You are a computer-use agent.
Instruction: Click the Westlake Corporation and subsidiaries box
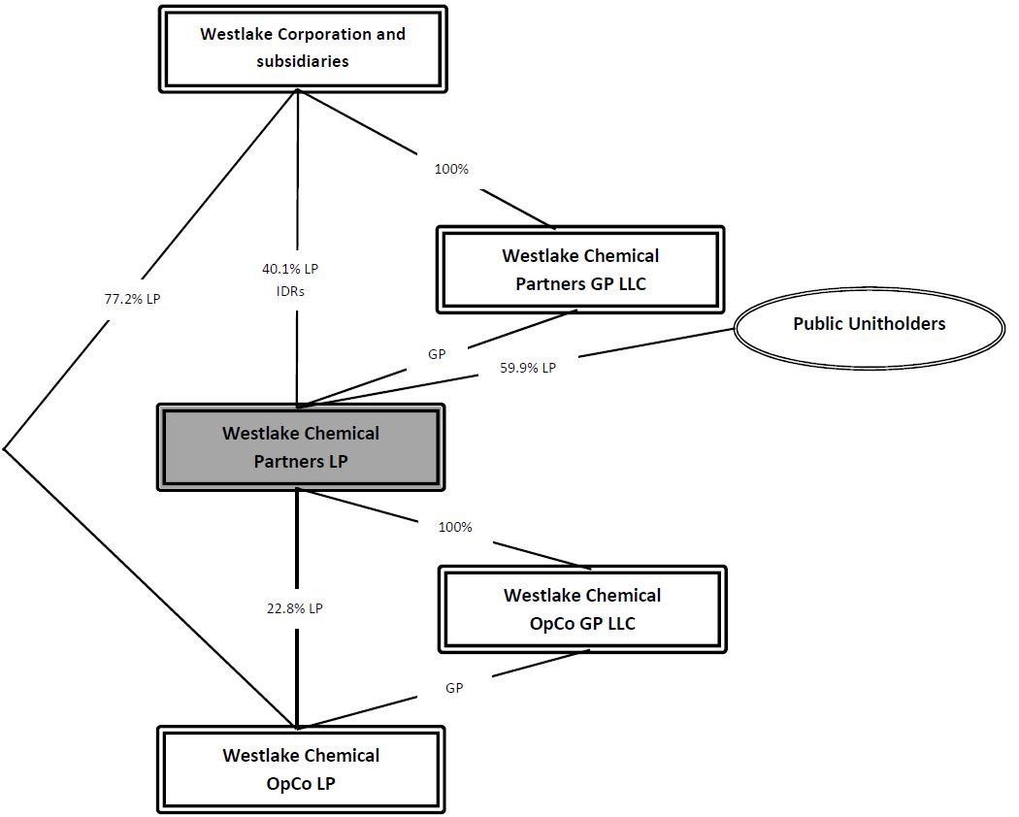302,49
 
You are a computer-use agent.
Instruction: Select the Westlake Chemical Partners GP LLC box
580,270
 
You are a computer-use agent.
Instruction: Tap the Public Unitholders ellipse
869,324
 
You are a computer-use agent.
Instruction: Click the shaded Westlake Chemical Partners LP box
301,447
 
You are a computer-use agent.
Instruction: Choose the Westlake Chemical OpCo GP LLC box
582,609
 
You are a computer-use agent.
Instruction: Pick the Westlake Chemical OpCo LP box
301,769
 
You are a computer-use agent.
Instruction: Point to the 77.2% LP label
132,299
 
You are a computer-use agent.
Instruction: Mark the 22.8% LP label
294,608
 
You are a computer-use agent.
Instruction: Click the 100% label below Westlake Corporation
450,169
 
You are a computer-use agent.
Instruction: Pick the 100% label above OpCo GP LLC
454,527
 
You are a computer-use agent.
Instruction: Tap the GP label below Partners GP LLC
437,354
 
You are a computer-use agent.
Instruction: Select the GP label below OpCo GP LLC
454,688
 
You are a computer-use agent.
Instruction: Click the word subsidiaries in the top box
303,61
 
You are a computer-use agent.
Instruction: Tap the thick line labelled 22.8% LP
298,563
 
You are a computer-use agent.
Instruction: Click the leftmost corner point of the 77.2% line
4,449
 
